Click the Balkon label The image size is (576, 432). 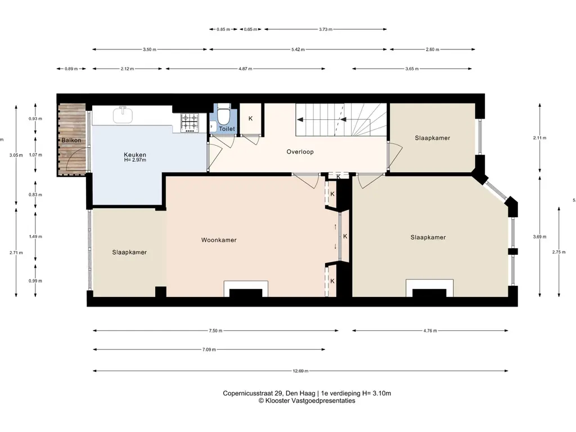click(71, 140)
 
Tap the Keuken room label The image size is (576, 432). click(135, 155)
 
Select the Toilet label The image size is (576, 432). click(227, 129)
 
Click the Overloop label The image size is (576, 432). click(300, 152)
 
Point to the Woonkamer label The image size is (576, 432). click(219, 240)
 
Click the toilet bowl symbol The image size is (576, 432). click(224, 115)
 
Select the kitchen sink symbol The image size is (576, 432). click(122, 115)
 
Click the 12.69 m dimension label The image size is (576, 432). click(300, 371)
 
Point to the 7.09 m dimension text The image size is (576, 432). click(208, 350)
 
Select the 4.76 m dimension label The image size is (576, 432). click(431, 331)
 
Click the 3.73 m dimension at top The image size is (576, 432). click(325, 29)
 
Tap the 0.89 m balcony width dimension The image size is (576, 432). click(71, 69)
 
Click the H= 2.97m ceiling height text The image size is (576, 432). click(135, 160)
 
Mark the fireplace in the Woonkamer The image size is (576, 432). click(245, 289)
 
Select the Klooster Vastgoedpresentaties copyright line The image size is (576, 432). click(307, 401)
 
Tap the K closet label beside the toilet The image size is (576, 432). click(250, 119)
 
